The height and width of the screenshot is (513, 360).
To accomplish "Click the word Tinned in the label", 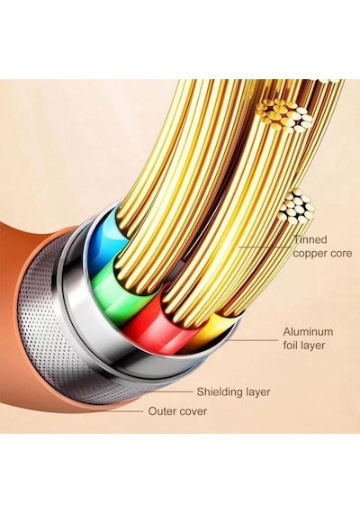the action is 310,239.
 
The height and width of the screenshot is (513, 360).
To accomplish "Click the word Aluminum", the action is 308,332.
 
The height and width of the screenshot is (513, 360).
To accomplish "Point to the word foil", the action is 291,346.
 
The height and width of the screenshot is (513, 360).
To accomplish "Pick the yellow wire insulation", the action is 210,330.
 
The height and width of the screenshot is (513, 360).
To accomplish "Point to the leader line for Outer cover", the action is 121,411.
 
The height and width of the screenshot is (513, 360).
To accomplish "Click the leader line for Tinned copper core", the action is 265,247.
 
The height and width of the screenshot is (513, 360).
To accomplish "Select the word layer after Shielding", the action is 259,391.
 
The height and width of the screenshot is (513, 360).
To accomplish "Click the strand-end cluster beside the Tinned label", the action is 296,207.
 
